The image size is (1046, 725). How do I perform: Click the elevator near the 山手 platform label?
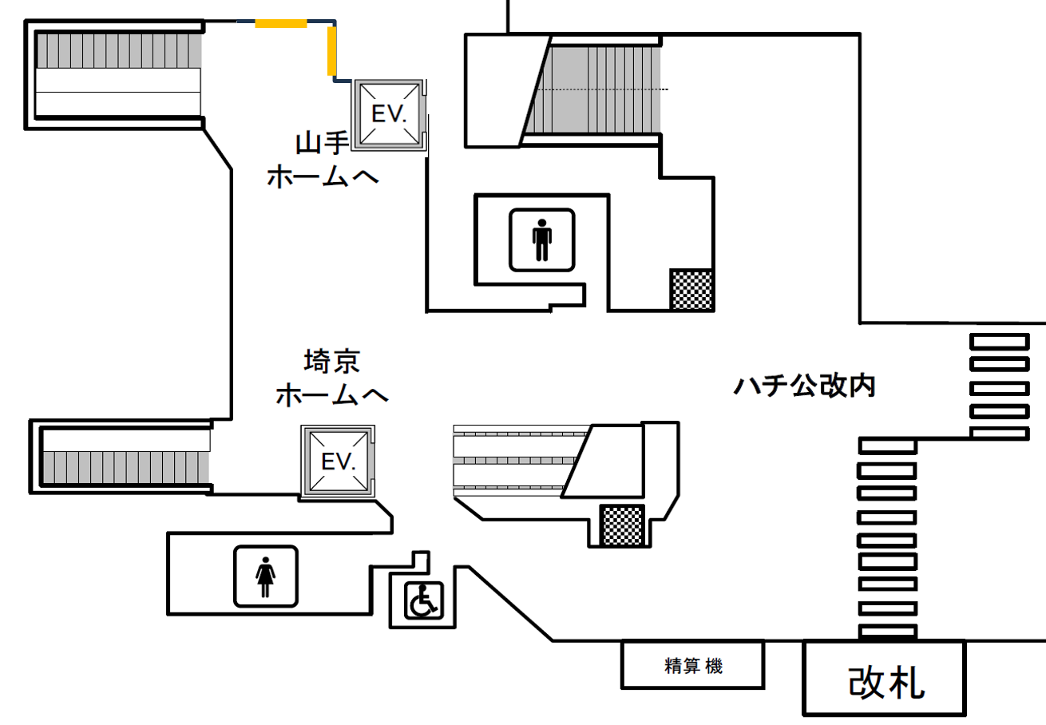click(389, 114)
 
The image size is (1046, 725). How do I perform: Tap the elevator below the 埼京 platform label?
click(338, 462)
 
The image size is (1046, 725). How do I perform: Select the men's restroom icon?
click(541, 240)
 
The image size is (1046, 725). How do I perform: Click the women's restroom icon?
click(266, 576)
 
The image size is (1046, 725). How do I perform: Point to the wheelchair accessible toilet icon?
click(423, 600)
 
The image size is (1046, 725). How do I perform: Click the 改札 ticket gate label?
click(886, 683)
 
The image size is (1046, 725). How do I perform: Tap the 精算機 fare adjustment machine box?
click(692, 665)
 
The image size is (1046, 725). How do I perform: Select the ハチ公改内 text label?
click(804, 386)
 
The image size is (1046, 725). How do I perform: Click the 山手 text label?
click(323, 143)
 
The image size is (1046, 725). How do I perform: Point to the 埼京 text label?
click(332, 362)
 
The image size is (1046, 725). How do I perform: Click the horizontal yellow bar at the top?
click(280, 23)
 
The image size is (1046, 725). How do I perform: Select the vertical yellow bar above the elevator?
click(331, 51)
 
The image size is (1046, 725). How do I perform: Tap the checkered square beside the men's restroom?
click(691, 289)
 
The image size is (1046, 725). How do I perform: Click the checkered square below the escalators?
click(623, 525)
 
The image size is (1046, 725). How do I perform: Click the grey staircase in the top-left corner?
click(119, 50)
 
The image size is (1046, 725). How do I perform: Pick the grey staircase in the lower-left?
click(125, 467)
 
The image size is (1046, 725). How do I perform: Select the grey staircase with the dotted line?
click(593, 89)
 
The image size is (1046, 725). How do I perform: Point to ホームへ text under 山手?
click(323, 177)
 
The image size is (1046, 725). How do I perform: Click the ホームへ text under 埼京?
click(332, 395)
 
